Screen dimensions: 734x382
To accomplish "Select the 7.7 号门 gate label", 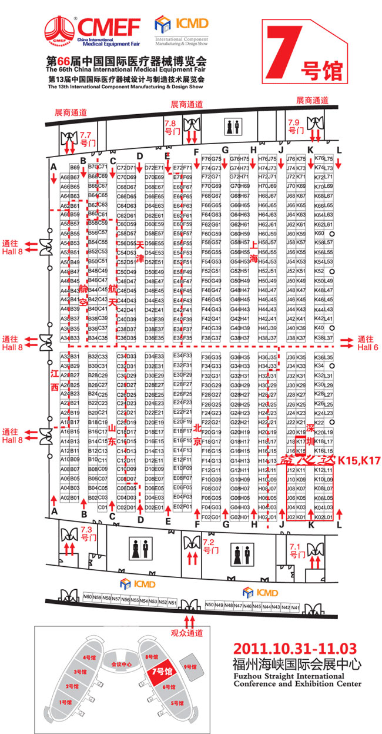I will [x=86, y=138].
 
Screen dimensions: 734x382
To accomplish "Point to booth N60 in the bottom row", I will [x=88, y=597].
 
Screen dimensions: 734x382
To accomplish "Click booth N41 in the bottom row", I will [x=295, y=607].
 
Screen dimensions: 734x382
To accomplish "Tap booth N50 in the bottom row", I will [x=210, y=605].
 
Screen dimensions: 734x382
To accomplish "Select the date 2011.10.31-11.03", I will [x=295, y=649].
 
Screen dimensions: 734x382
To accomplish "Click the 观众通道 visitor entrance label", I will [x=186, y=633].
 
